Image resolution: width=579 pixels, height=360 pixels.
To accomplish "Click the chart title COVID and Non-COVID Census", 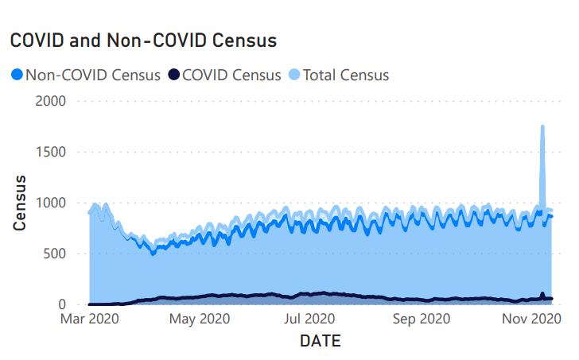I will [x=143, y=40].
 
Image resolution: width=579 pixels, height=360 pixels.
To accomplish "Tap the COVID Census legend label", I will [x=231, y=75].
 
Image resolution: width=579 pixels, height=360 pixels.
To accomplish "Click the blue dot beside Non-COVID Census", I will [x=17, y=75].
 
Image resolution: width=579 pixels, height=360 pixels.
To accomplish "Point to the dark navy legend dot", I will [x=173, y=75].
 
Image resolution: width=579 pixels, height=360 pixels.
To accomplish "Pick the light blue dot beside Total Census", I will [x=293, y=75].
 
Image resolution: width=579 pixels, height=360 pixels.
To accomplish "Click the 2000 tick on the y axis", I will [x=50, y=101].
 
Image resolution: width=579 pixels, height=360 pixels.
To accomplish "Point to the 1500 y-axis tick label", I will [x=50, y=152].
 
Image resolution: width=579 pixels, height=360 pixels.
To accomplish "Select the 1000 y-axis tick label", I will [x=50, y=203].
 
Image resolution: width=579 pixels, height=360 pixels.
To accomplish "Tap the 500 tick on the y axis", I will [x=54, y=254].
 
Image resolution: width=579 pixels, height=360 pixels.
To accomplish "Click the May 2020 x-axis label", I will [x=200, y=319].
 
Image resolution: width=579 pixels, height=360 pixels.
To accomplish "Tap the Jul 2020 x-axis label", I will [x=309, y=319].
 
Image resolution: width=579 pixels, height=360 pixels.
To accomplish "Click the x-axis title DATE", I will [x=320, y=342].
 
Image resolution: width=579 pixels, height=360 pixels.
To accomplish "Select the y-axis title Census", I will [x=20, y=203].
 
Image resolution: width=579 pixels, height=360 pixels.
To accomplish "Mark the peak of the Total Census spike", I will [x=542, y=126].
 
